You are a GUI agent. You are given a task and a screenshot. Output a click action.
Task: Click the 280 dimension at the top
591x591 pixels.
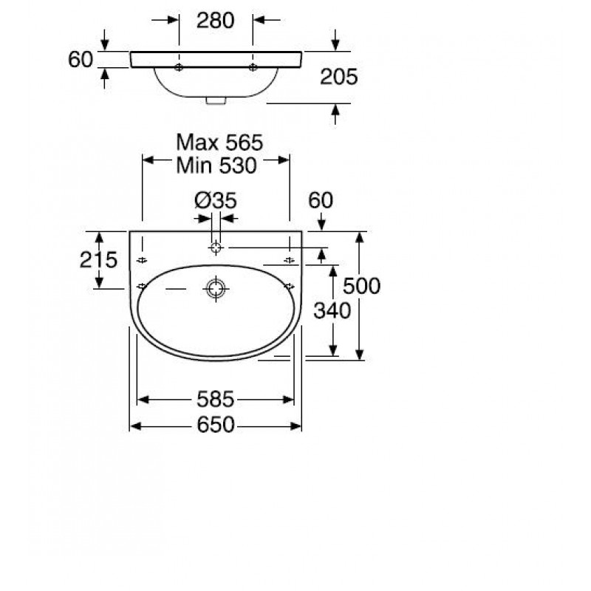pos(215,21)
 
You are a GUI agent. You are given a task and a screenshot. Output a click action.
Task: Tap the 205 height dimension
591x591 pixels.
pos(338,77)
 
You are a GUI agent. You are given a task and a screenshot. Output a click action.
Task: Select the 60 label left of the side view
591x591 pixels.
pos(81,60)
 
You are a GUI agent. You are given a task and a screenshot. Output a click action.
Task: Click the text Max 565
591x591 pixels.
pos(219,143)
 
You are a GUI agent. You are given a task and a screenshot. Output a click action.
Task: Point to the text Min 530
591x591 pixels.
pos(216,165)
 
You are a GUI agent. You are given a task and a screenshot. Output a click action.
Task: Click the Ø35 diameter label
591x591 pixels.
pos(216,200)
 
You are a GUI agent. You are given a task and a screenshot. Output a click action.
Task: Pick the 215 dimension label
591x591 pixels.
pos(98,260)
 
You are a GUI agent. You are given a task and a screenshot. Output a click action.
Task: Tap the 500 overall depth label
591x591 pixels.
pos(361,286)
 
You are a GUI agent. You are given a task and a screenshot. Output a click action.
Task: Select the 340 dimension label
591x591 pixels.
pos(332,311)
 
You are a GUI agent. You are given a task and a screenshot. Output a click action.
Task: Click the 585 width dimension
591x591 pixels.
pos(215,399)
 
